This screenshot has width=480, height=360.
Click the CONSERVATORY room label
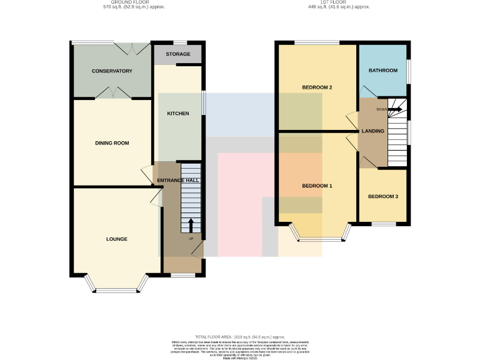coord(112,71)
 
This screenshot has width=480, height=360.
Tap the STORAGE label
coord(178,54)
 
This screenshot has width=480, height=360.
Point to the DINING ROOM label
coord(112,143)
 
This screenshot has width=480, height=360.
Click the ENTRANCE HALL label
coord(178,180)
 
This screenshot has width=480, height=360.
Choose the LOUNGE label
coord(117,239)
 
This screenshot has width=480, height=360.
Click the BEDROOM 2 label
coord(317,87)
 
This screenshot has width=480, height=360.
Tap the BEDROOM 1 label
coord(317,186)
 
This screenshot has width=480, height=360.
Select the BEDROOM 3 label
coord(383,197)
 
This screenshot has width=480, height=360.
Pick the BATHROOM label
coord(383,71)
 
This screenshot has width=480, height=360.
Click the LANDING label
coord(373,131)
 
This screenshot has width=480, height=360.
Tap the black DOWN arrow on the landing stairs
coord(395,109)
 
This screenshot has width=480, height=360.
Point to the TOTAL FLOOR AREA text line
coord(241,337)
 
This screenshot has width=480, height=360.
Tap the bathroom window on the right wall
coord(409,71)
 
